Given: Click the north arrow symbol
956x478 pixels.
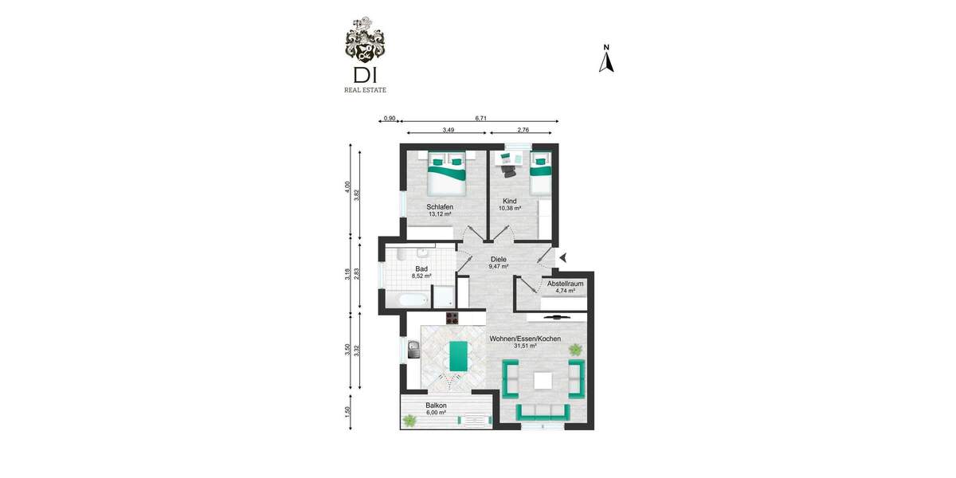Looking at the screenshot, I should coord(606,61).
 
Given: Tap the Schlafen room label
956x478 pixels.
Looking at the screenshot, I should coord(439,207).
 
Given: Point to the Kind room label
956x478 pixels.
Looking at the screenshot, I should coord(509,202).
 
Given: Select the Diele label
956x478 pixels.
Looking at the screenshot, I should coord(499,260).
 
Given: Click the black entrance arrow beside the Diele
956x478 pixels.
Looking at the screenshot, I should coord(563,257).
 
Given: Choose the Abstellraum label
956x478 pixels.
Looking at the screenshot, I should coord(566,283).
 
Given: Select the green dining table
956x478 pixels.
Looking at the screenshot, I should coord(458,355).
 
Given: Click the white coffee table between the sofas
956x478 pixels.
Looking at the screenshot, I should coord(543,380).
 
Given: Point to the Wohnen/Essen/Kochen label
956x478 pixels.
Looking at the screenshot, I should coord(525,339).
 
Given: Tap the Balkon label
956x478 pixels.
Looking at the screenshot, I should coord(436,406).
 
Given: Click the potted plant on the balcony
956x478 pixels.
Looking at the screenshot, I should coord(409,421).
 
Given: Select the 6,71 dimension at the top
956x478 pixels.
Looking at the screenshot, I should coord(481,118).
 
